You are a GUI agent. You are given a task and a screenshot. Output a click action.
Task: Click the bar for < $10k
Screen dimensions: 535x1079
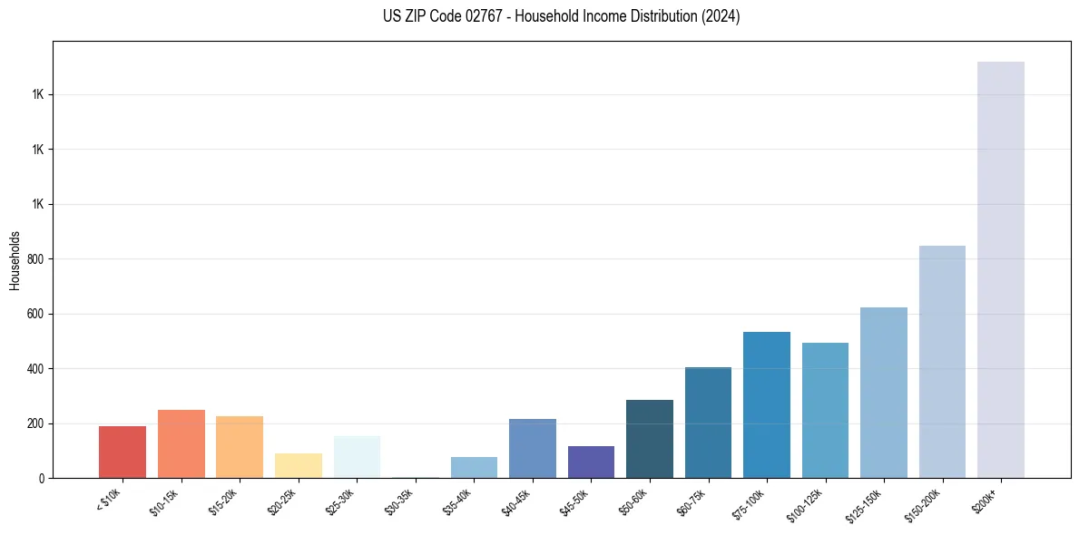[x=123, y=452]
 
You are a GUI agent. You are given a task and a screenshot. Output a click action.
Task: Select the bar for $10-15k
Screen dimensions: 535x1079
[x=181, y=443]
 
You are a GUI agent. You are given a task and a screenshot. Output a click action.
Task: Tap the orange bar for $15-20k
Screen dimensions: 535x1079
[x=240, y=447]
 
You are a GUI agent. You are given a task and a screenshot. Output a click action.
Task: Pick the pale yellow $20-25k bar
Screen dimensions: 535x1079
[x=299, y=465]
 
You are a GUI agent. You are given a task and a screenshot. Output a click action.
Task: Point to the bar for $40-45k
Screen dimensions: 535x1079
[x=533, y=448]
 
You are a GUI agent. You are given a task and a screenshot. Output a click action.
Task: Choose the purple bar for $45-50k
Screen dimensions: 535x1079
[x=591, y=462]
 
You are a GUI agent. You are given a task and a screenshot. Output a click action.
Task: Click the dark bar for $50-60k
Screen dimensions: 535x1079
[x=650, y=439]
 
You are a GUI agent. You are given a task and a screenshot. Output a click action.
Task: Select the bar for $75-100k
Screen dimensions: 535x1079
[x=767, y=404]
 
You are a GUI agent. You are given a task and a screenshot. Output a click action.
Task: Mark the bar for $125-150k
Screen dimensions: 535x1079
[x=884, y=393]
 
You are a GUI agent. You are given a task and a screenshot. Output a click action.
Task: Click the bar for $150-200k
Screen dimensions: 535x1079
[x=942, y=362]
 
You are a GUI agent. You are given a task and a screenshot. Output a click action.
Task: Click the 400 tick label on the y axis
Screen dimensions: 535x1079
[x=35, y=369]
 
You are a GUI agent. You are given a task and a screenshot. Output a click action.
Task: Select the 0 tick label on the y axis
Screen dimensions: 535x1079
[x=42, y=479]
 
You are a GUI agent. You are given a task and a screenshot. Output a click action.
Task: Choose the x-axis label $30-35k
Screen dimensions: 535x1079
[x=398, y=500]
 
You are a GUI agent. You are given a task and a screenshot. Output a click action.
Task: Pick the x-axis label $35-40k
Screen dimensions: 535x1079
[x=457, y=500]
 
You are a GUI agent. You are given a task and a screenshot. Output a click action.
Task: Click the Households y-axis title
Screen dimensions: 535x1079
[x=15, y=260]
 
